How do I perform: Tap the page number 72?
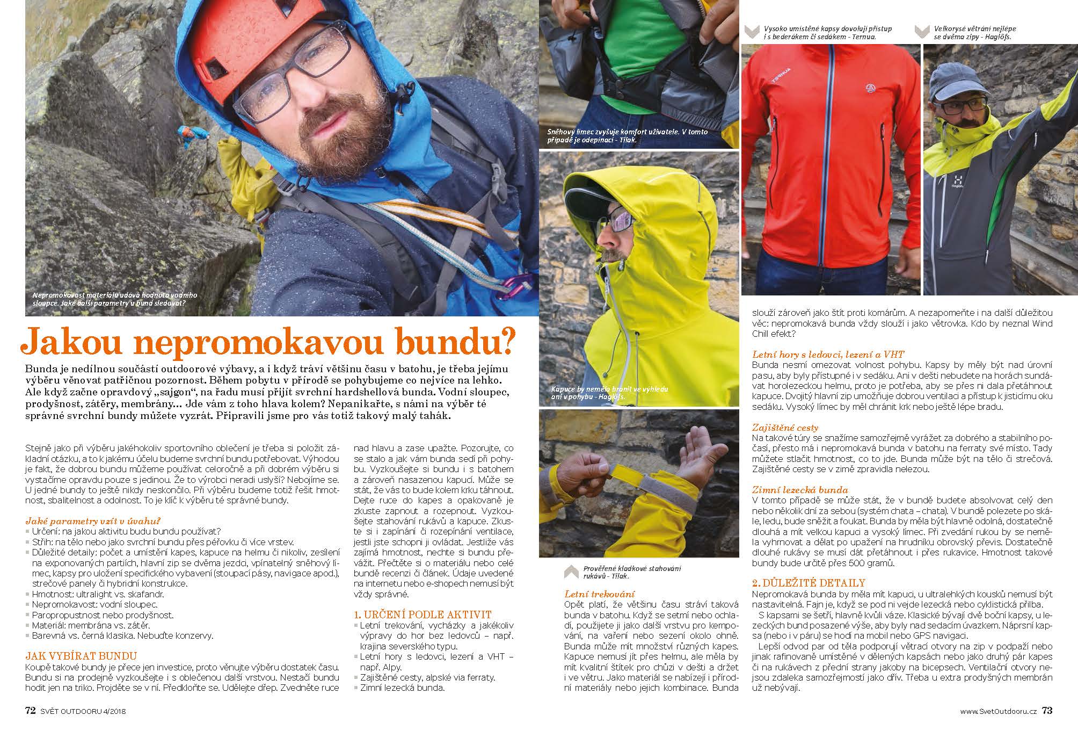click(x=30, y=711)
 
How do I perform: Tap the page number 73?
click(x=1047, y=711)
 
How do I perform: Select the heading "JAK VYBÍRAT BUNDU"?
click(x=81, y=656)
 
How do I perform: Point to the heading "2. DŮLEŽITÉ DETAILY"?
click(x=808, y=583)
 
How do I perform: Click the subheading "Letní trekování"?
click(x=599, y=594)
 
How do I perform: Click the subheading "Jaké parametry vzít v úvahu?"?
click(x=93, y=521)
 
